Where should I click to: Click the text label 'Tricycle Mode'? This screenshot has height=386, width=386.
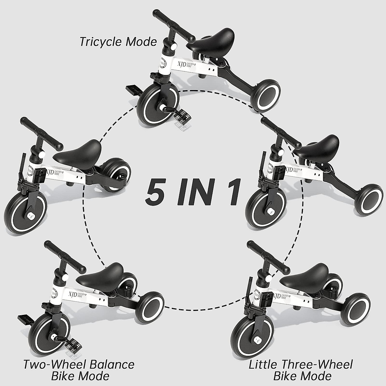pos(118,42)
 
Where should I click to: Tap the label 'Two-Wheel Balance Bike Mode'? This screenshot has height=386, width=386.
pos(78,371)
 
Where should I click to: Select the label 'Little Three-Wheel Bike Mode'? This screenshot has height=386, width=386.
pos(301,371)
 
